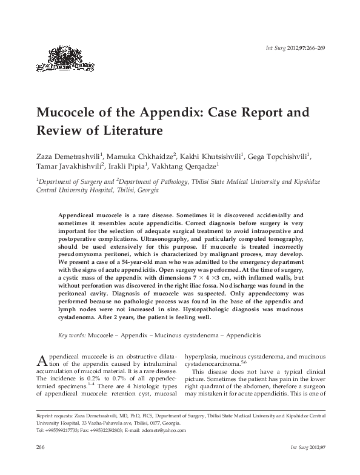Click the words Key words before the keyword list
coord(72,334)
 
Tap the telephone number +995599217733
coord(62,430)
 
